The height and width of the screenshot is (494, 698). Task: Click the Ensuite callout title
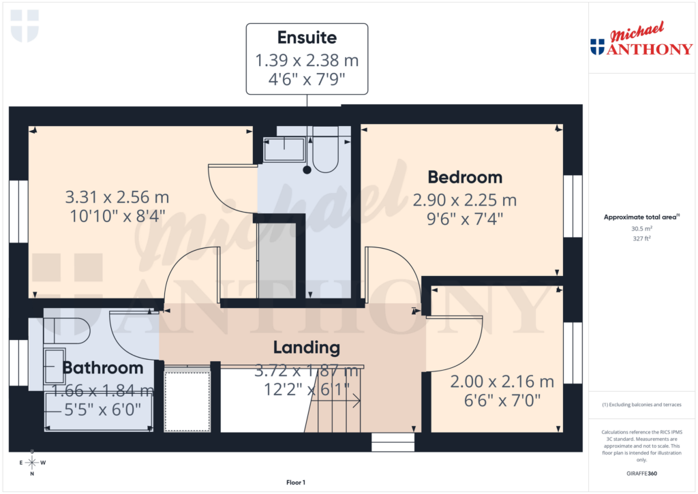click(307, 37)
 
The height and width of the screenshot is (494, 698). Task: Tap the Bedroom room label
click(465, 177)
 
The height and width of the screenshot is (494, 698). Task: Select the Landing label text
click(306, 348)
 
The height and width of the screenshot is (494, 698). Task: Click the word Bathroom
click(103, 368)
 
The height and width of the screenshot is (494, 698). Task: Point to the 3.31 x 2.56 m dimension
click(117, 198)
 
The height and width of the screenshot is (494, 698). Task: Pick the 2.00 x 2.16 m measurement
click(502, 382)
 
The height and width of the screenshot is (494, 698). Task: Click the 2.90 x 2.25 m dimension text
click(465, 200)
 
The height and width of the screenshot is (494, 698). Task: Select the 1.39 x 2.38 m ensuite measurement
click(307, 61)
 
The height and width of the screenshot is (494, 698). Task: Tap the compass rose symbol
click(31, 463)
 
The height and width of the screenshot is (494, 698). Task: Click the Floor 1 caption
click(296, 482)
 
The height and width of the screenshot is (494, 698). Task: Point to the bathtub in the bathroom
click(98, 413)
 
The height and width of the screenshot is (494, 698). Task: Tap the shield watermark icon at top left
click(25, 25)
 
